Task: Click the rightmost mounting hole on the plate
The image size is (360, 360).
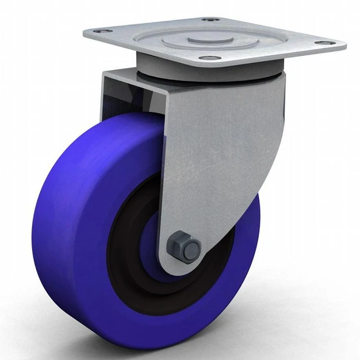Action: (x=325, y=44)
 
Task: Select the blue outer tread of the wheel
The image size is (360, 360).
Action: (x=58, y=193)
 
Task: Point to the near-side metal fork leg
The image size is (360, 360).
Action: (x=219, y=161)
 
